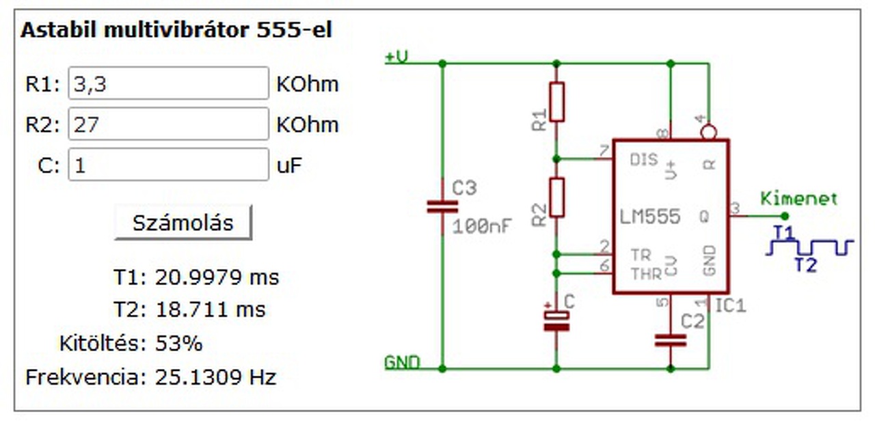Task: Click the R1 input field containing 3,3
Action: pos(168,83)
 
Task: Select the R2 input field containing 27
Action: pos(168,124)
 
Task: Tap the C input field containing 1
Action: pos(168,165)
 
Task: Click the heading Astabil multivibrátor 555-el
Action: pos(176,31)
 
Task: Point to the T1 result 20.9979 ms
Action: pos(217,277)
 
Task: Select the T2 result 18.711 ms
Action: pos(210,309)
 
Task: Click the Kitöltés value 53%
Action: pos(179,343)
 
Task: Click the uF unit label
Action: pos(288,165)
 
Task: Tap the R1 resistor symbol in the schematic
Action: pos(557,102)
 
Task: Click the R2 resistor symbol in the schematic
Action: pos(557,197)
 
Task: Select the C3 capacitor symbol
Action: pos(442,206)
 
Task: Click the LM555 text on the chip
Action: pos(650,217)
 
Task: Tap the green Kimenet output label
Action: pos(798,199)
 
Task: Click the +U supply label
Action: pos(397,57)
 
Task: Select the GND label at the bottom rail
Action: pos(402,361)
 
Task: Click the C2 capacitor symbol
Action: pos(670,340)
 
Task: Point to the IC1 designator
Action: pos(731,305)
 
